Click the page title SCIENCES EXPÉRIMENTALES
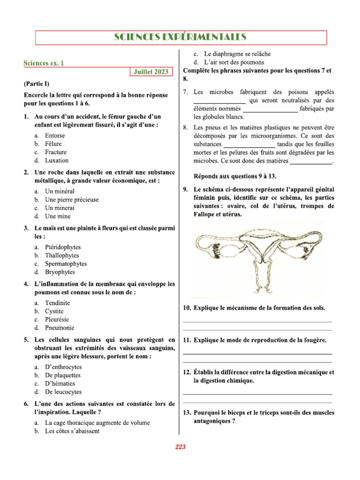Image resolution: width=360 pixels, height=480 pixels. click(180, 37)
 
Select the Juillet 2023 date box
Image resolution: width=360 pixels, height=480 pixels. click(150, 72)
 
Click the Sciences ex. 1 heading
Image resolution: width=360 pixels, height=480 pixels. click(44, 63)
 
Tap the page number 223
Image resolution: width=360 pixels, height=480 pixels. click(180, 447)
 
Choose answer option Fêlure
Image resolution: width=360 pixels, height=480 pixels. click(53, 144)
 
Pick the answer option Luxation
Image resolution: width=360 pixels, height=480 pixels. click(56, 160)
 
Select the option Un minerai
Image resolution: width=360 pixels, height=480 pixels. click(60, 208)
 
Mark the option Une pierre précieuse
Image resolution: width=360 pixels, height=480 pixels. click(72, 200)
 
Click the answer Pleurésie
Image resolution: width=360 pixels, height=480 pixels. click(58, 320)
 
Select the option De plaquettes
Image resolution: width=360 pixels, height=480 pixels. click(62, 375)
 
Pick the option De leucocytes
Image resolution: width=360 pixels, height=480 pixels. click(63, 392)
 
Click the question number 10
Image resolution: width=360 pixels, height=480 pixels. click(186, 308)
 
